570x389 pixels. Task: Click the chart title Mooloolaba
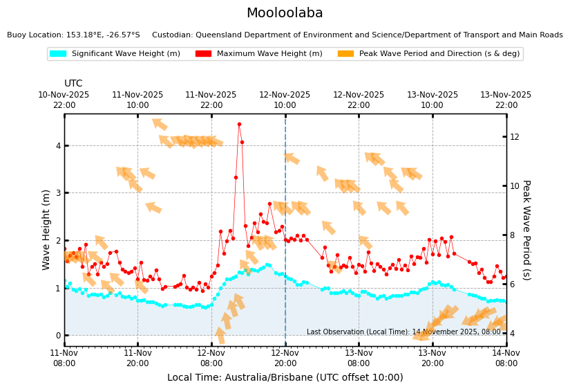285,13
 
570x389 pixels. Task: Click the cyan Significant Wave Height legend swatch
57,53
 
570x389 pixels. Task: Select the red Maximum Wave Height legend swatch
202,53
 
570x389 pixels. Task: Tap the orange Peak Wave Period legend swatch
345,53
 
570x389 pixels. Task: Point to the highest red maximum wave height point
239,125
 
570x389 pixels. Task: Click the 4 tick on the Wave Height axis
58,145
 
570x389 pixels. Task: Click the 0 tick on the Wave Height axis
58,335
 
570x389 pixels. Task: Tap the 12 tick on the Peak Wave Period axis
515,136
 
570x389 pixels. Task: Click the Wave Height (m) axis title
46,229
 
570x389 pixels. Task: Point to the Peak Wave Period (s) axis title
526,229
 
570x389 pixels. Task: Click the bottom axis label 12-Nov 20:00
285,358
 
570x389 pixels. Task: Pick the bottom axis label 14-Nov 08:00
506,358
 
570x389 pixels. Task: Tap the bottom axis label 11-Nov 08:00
64,358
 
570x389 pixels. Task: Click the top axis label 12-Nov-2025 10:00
285,100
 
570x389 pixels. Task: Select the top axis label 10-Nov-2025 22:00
64,100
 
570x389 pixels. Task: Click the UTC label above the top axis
73,84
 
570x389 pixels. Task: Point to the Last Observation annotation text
403,332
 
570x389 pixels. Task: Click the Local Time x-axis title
285,377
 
